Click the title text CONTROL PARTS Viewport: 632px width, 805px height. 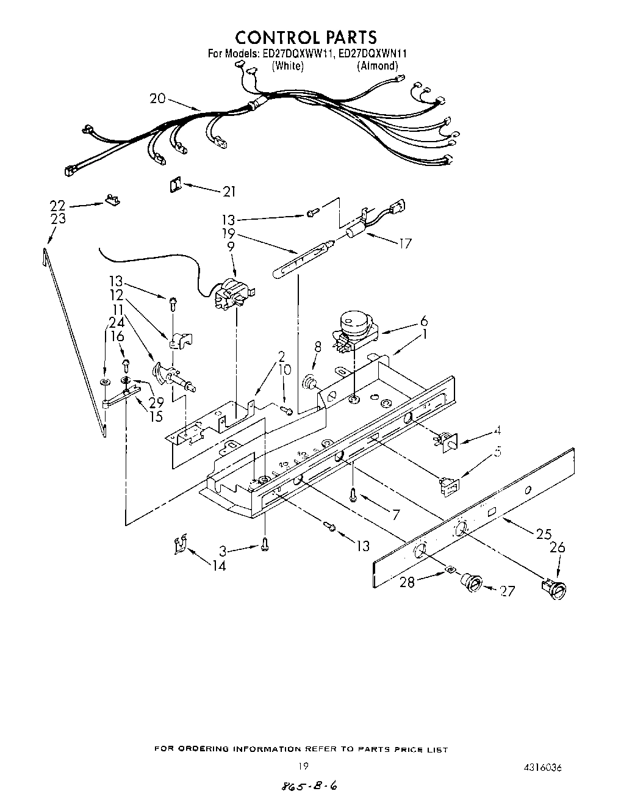(x=307, y=37)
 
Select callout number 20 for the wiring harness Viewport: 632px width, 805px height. (x=157, y=98)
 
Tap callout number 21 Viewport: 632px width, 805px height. (x=229, y=192)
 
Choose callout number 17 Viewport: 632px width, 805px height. (x=404, y=244)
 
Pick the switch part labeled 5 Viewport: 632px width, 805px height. (x=449, y=486)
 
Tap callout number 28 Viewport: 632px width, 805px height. (x=407, y=582)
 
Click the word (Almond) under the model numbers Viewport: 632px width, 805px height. (x=377, y=66)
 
